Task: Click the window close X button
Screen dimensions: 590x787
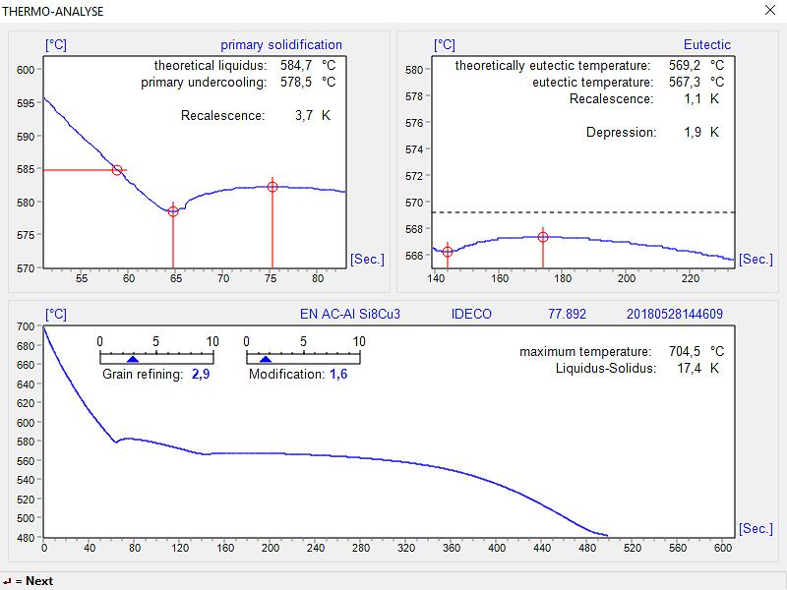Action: coord(769,10)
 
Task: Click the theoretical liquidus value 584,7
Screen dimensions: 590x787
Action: coord(297,65)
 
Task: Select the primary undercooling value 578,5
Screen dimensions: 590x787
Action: coord(297,82)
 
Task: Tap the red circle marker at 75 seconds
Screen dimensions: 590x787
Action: coord(272,187)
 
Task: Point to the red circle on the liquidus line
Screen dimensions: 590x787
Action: coord(117,170)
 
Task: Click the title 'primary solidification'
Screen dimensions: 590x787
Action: coord(281,44)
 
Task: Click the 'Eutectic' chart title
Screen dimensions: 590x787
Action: coord(707,44)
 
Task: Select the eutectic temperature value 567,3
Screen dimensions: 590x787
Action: coord(685,82)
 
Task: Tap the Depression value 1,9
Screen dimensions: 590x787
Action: coord(693,132)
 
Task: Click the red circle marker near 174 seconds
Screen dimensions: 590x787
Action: coord(543,237)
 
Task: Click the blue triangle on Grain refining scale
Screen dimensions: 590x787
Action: coord(133,360)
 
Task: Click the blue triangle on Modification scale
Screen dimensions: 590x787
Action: coord(265,360)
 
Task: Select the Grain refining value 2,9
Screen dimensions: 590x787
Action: coord(201,375)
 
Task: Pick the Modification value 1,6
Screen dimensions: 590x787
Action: coord(338,375)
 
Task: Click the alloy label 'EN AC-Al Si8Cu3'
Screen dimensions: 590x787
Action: coord(350,315)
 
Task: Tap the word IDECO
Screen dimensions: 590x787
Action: coord(471,315)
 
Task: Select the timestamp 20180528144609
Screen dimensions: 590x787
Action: coord(675,315)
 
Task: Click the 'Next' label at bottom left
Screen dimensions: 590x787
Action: coord(39,581)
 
